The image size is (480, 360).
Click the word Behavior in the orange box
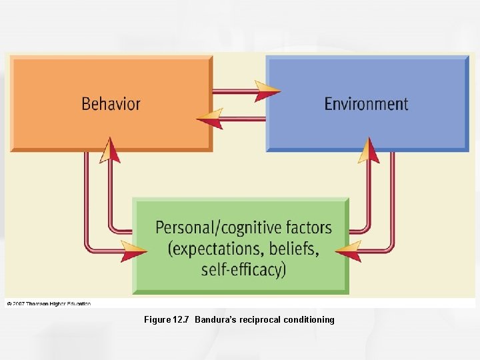click(111, 104)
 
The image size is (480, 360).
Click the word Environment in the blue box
click(366, 104)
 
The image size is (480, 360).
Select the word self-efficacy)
click(243, 269)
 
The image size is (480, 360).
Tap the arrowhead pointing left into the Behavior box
click(209, 119)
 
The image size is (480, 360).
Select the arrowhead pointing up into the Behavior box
click(109, 150)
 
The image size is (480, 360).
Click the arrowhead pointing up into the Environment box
click(369, 150)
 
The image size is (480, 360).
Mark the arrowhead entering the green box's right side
click(347, 251)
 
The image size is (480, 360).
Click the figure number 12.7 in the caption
click(181, 320)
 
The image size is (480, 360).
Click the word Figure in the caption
click(157, 320)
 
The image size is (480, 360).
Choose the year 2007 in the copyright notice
click(20, 303)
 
